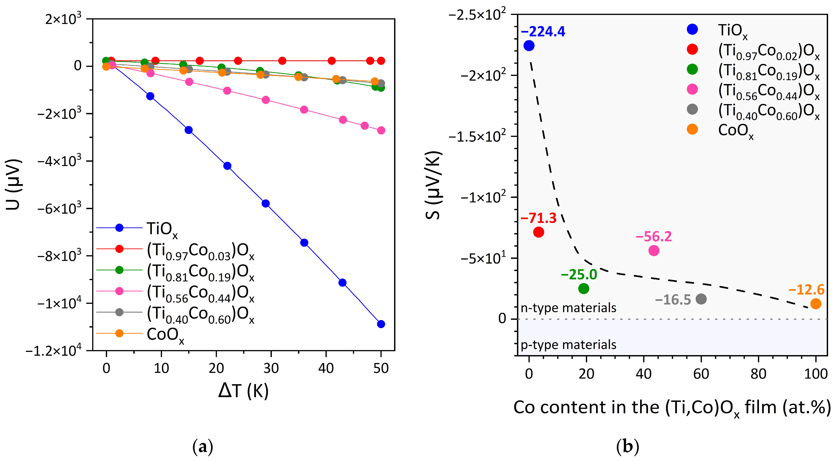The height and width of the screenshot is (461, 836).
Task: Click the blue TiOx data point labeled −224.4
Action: pyautogui.click(x=529, y=46)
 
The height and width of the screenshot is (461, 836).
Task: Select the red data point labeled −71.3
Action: pyautogui.click(x=538, y=232)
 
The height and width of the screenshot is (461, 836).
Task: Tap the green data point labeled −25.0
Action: pyautogui.click(x=584, y=288)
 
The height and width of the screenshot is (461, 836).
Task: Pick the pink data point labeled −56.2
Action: pyautogui.click(x=654, y=250)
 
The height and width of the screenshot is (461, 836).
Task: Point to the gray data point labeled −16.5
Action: pyautogui.click(x=701, y=299)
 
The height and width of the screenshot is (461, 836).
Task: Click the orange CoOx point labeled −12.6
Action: pyautogui.click(x=816, y=304)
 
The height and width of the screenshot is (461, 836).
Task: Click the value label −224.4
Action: pyautogui.click(x=543, y=31)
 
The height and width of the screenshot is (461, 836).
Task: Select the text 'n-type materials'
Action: pyautogui.click(x=568, y=308)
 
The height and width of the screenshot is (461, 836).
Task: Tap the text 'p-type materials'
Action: pyautogui.click(x=568, y=344)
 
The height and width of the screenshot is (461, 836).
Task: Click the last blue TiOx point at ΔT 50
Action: pyautogui.click(x=381, y=324)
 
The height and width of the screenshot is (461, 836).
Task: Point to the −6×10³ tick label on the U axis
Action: pyautogui.click(x=59, y=208)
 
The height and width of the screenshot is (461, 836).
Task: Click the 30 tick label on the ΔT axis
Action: pyautogui.click(x=271, y=369)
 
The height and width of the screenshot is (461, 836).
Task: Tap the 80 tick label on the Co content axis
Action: pyautogui.click(x=759, y=374)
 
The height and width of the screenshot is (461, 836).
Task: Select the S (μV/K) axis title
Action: pyautogui.click(x=433, y=185)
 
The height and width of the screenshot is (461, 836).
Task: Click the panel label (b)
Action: pyautogui.click(x=627, y=447)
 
